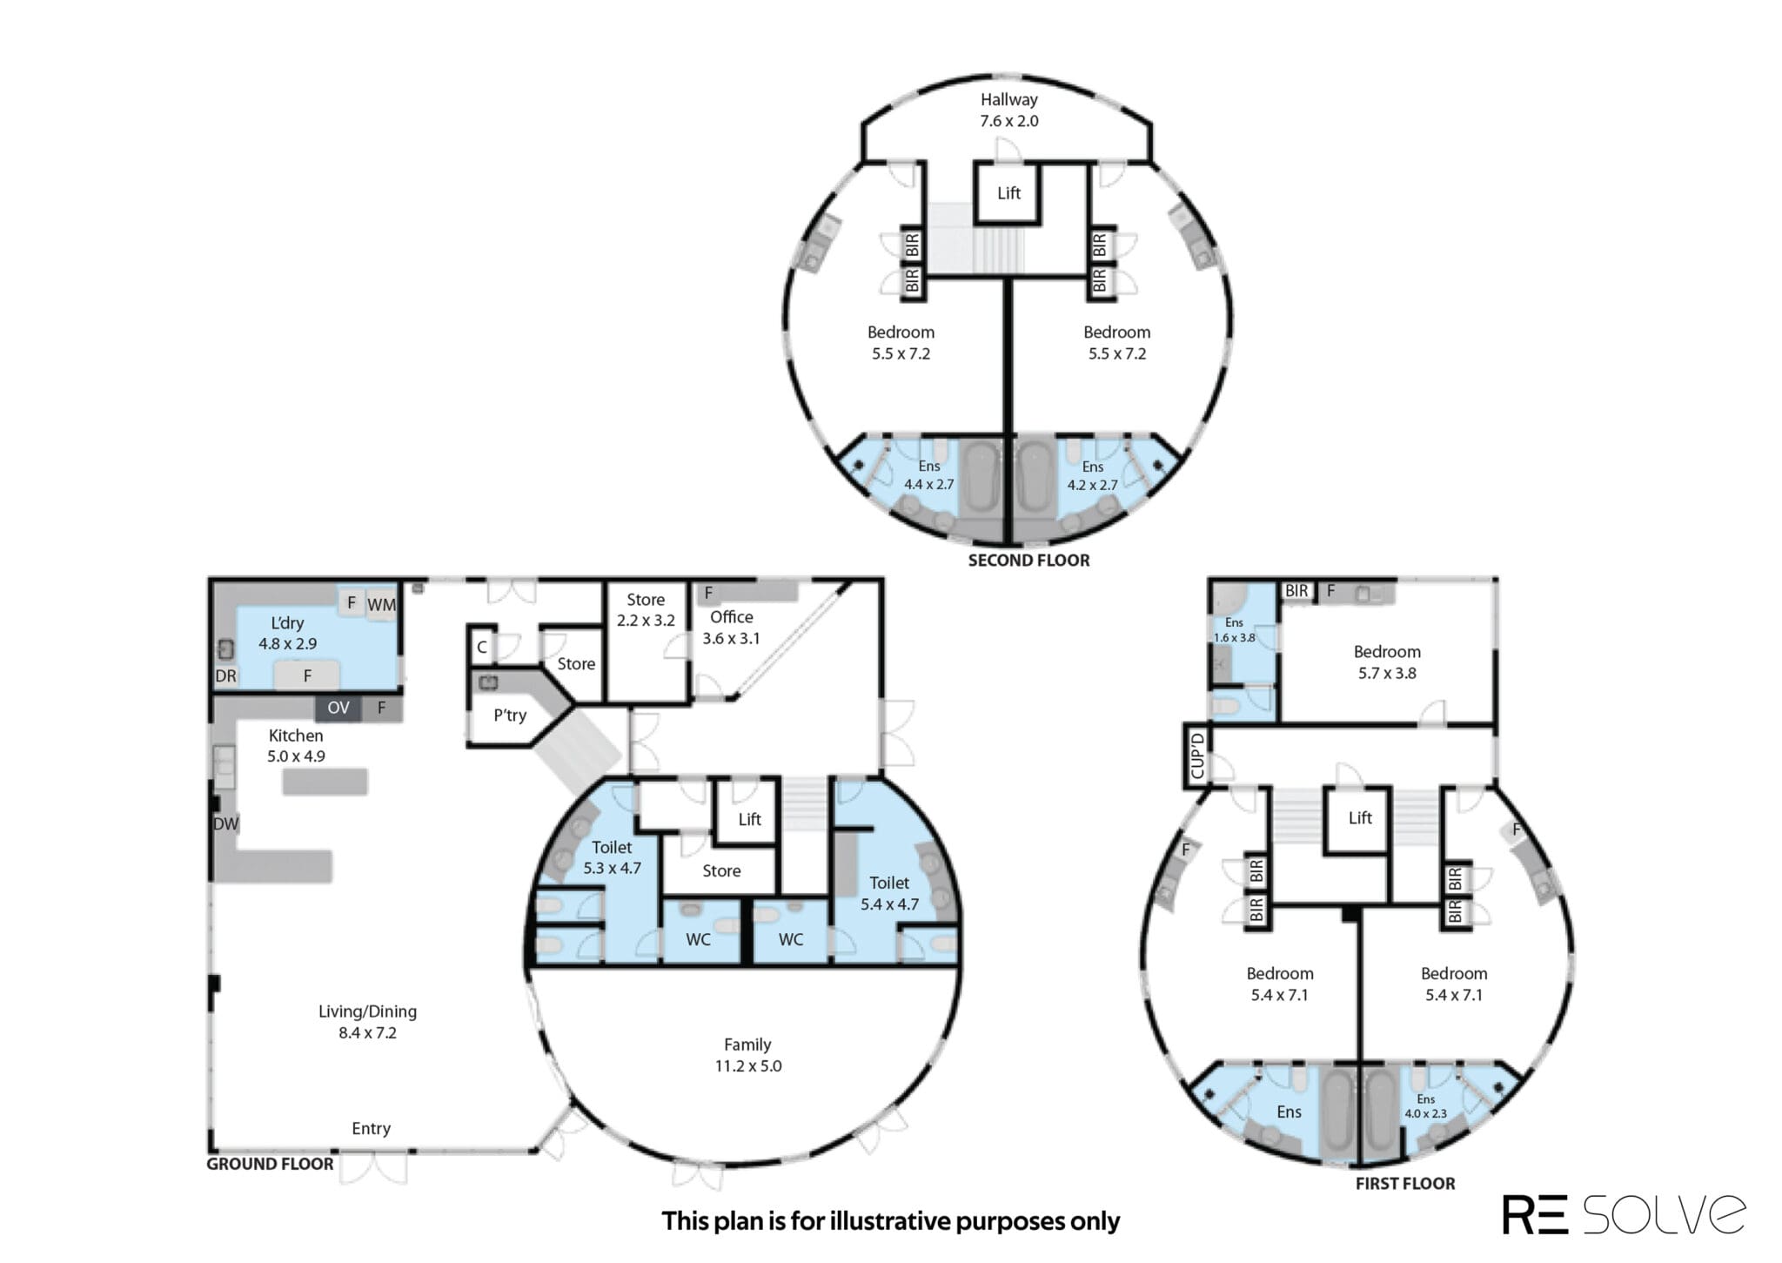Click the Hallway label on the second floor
(x=1009, y=100)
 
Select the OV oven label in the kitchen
(x=338, y=708)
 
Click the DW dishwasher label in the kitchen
(x=225, y=823)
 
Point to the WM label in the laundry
(x=381, y=604)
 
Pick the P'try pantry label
(x=510, y=715)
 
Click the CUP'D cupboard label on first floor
(x=1197, y=756)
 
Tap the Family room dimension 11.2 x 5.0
(x=748, y=1066)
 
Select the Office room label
(x=732, y=617)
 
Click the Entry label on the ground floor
(x=371, y=1129)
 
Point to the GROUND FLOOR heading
(x=270, y=1164)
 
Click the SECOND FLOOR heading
(x=1028, y=561)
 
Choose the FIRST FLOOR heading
(x=1405, y=1184)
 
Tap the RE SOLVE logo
(x=1624, y=1214)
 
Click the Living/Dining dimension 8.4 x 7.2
(x=367, y=1033)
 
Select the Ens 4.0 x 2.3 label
(x=1425, y=1106)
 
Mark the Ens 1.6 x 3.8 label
(x=1235, y=630)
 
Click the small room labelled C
(x=481, y=648)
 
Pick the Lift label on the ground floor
(x=749, y=819)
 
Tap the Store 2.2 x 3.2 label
(x=646, y=610)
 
